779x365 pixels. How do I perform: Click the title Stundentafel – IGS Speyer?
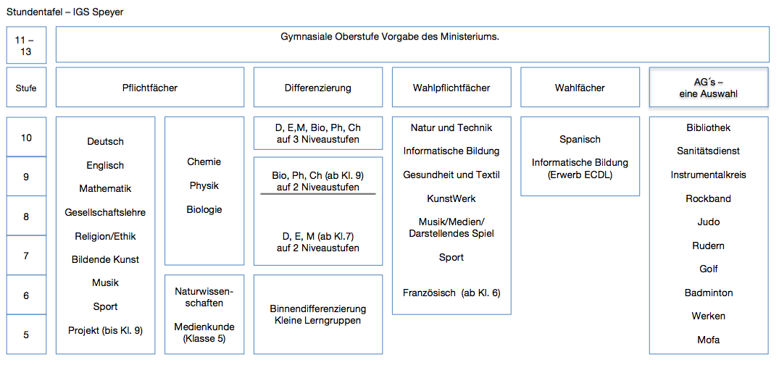[65, 12]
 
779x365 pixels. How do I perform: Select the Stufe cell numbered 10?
[26, 137]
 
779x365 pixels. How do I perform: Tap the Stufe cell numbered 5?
[26, 334]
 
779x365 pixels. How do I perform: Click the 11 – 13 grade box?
[26, 45]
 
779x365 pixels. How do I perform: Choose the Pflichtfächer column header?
[150, 88]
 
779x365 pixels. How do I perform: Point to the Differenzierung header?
[318, 88]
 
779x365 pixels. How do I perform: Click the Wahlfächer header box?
[580, 88]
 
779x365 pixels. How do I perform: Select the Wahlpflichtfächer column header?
[451, 88]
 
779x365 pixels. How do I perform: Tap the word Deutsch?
[105, 141]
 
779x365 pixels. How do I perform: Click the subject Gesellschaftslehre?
[105, 212]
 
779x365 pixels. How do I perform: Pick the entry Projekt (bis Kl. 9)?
[105, 330]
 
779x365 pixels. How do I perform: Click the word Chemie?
[204, 161]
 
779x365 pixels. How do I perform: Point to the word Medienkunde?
[204, 327]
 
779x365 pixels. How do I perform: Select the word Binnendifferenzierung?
[318, 309]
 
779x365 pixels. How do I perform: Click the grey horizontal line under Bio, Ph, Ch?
[318, 193]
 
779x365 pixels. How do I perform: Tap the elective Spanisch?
[580, 140]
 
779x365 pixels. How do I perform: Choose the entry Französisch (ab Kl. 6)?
[451, 293]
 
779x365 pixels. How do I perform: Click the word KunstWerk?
[451, 198]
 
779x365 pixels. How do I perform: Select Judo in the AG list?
[709, 222]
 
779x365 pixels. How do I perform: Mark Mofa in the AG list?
[709, 340]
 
